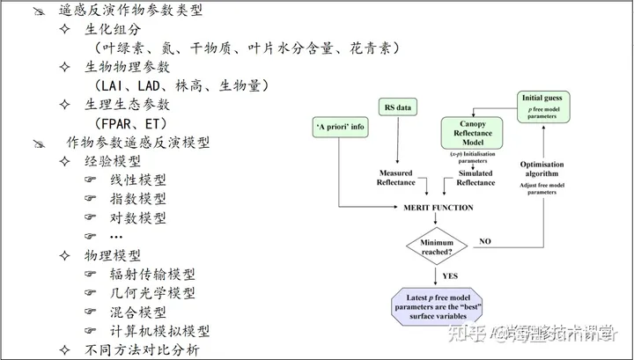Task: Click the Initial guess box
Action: click(x=545, y=104)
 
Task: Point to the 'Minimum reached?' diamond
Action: click(x=435, y=246)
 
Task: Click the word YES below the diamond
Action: click(x=450, y=276)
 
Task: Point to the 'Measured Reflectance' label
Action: click(x=402, y=177)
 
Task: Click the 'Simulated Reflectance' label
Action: click(x=475, y=177)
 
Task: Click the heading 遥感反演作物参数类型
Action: click(x=128, y=11)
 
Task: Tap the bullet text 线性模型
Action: click(x=137, y=180)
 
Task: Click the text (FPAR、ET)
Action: click(x=131, y=124)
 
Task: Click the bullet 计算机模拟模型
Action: click(x=159, y=331)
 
